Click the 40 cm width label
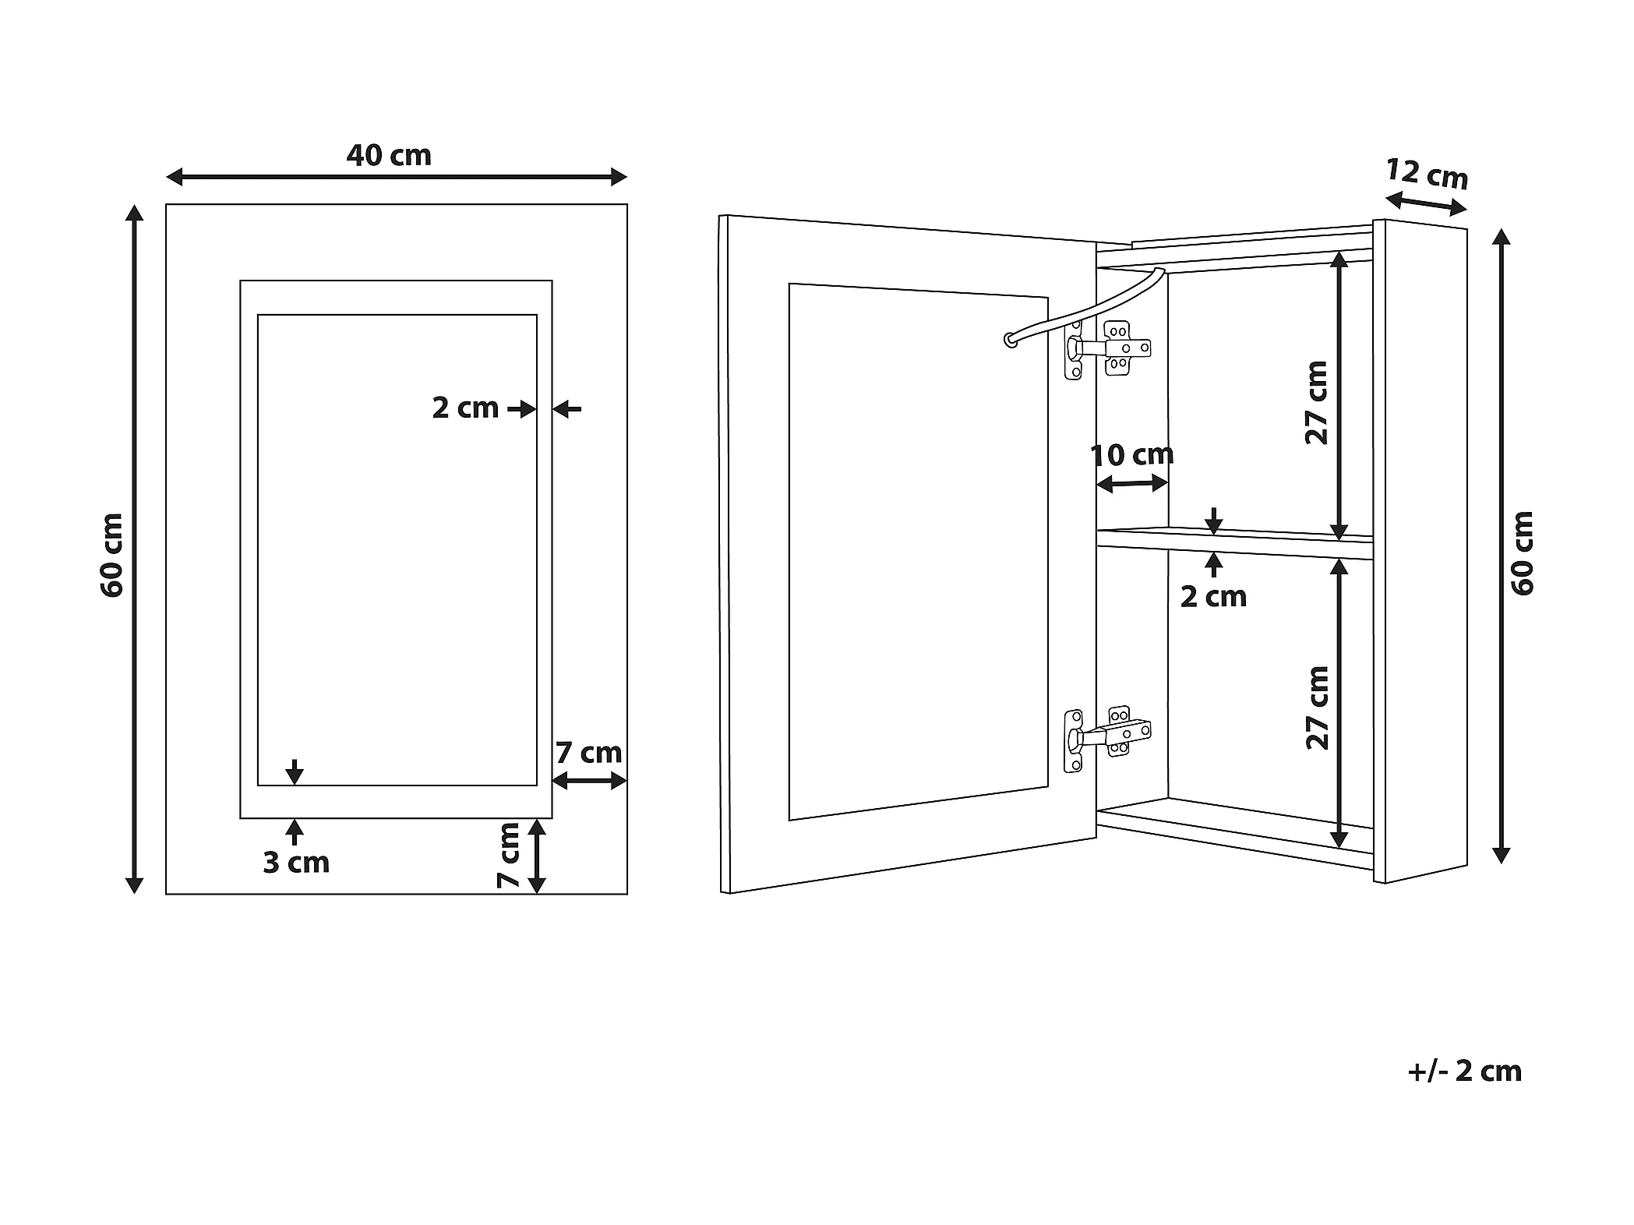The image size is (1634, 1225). tap(389, 156)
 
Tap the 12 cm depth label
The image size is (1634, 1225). tap(1428, 175)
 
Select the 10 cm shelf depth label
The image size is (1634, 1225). tap(1131, 455)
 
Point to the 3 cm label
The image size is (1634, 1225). tap(296, 863)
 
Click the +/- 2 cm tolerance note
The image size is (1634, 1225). tap(1465, 1071)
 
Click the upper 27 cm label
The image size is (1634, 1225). tap(1316, 403)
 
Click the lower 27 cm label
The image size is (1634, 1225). tap(1316, 708)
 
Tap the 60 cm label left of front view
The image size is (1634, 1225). tap(112, 555)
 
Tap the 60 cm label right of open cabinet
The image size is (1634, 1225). tap(1522, 553)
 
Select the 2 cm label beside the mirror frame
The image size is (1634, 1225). tap(465, 408)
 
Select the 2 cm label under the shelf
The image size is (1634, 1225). tap(1213, 597)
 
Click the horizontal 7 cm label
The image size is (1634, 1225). tap(589, 753)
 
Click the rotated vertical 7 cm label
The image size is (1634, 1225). tap(508, 856)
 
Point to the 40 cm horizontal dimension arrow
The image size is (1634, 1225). tap(397, 178)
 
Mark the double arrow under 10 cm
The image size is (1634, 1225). tap(1132, 485)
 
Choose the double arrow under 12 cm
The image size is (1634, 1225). tap(1426, 205)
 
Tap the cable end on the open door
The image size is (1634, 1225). tap(1010, 339)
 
